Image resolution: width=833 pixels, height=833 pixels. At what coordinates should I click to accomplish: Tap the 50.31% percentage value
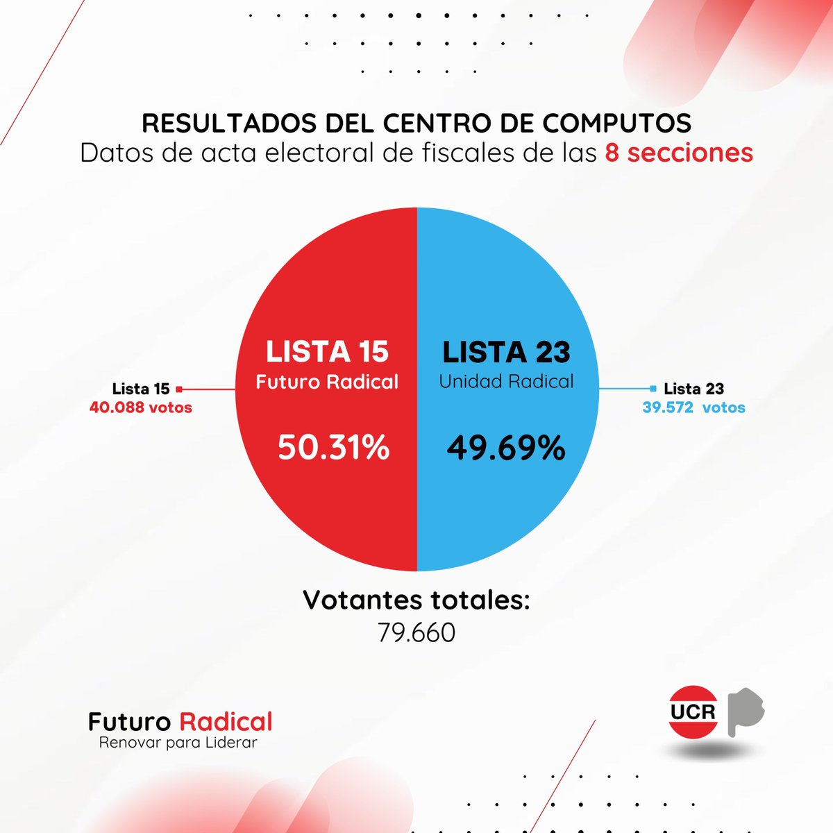[x=334, y=448]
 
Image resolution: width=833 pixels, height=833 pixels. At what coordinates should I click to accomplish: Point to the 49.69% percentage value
[x=506, y=448]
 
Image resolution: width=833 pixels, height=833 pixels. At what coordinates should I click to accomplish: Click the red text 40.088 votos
[x=141, y=407]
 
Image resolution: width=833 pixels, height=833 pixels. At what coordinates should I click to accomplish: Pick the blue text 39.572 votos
[x=693, y=407]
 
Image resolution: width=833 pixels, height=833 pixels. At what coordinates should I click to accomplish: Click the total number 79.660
[x=416, y=632]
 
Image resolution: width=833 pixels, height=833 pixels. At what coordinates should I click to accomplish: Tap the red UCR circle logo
[x=693, y=712]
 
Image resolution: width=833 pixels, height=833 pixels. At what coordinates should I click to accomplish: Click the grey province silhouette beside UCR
[x=744, y=712]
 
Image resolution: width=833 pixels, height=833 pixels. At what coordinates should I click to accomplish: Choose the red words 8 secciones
[x=679, y=153]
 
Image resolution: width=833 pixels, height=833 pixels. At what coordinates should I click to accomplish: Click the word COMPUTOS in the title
[x=616, y=124]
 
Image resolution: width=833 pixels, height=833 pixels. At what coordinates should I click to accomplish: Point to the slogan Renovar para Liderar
[x=178, y=743]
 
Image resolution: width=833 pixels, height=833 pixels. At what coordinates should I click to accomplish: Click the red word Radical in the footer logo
[x=226, y=722]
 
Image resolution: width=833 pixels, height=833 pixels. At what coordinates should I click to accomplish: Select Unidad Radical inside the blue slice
[x=507, y=382]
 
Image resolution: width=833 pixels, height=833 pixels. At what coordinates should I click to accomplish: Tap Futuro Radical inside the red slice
[x=327, y=382]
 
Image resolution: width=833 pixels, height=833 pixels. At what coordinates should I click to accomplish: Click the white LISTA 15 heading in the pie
[x=327, y=352]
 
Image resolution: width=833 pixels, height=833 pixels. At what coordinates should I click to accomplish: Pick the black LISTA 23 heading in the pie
[x=507, y=352]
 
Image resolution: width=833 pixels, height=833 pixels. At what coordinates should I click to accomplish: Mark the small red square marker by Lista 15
[x=179, y=389]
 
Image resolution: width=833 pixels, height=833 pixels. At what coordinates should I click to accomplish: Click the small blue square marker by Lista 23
[x=653, y=389]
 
